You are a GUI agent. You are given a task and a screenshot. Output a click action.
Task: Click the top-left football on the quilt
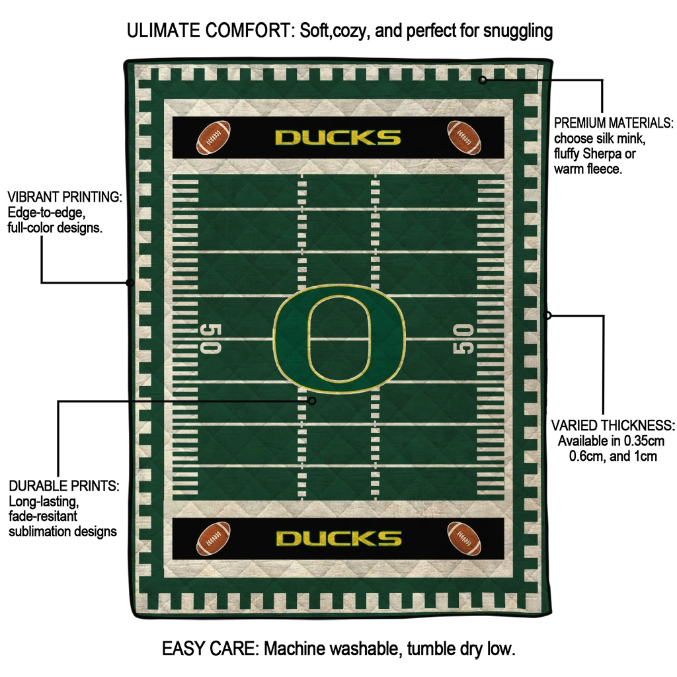[x=213, y=136]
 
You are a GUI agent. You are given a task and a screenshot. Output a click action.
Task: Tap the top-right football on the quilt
[x=463, y=136]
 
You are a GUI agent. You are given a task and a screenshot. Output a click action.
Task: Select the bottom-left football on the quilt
[x=213, y=538]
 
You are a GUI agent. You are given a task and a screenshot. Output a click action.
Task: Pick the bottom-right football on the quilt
[x=463, y=538]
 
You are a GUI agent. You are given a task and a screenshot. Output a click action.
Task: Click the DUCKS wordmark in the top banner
[x=338, y=138]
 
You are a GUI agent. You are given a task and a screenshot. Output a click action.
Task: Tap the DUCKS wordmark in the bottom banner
[x=338, y=538]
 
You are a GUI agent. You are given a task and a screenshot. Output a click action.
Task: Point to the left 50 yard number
[x=211, y=338]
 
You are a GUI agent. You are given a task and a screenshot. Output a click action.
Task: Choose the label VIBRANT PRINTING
[x=64, y=197]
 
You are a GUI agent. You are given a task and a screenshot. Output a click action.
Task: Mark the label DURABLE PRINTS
[x=63, y=486]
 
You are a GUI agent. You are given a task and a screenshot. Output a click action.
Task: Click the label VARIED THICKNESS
[x=613, y=425]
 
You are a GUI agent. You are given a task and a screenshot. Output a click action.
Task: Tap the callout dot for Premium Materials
[x=483, y=80]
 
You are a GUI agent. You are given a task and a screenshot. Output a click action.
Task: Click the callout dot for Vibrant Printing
[x=130, y=283]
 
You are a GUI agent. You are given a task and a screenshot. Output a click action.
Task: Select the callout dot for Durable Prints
[x=313, y=401]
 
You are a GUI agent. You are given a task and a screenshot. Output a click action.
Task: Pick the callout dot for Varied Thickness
[x=547, y=315]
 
